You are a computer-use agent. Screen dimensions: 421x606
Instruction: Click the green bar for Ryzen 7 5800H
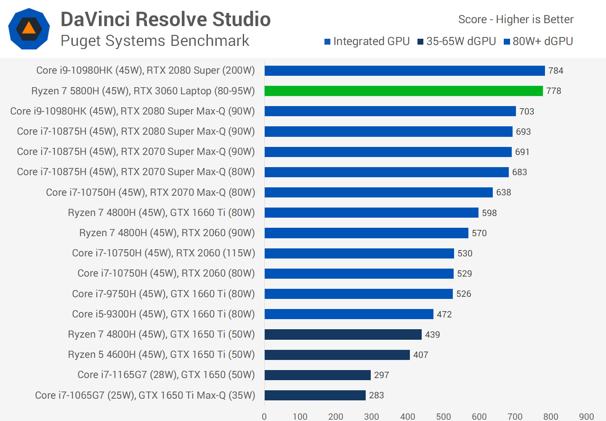[403, 91]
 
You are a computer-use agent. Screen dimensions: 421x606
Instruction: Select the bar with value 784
[404, 71]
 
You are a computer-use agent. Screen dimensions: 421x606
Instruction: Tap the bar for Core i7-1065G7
[315, 395]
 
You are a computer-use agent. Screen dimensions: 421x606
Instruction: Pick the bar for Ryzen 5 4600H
[337, 355]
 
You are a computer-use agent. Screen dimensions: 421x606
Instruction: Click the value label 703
[526, 112]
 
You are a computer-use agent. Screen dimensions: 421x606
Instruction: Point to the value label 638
[503, 192]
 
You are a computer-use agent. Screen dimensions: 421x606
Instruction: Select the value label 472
[444, 314]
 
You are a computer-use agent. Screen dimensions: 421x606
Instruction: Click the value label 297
[381, 375]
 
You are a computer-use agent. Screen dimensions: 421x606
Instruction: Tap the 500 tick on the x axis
[443, 416]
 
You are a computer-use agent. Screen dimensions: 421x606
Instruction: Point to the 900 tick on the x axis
[586, 416]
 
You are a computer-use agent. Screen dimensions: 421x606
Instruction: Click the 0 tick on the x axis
[264, 416]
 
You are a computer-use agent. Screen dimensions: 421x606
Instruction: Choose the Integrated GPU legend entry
[367, 41]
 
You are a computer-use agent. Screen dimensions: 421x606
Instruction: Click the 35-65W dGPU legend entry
[457, 41]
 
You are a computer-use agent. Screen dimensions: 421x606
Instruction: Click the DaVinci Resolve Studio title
[165, 19]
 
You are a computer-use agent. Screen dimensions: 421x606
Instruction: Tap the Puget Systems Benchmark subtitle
[155, 41]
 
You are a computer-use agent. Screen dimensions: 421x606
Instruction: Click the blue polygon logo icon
[29, 29]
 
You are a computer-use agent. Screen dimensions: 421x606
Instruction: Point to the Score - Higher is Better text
[516, 19]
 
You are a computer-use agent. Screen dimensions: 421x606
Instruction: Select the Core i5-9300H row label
[163, 314]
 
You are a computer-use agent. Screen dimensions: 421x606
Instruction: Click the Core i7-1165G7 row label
[166, 375]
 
